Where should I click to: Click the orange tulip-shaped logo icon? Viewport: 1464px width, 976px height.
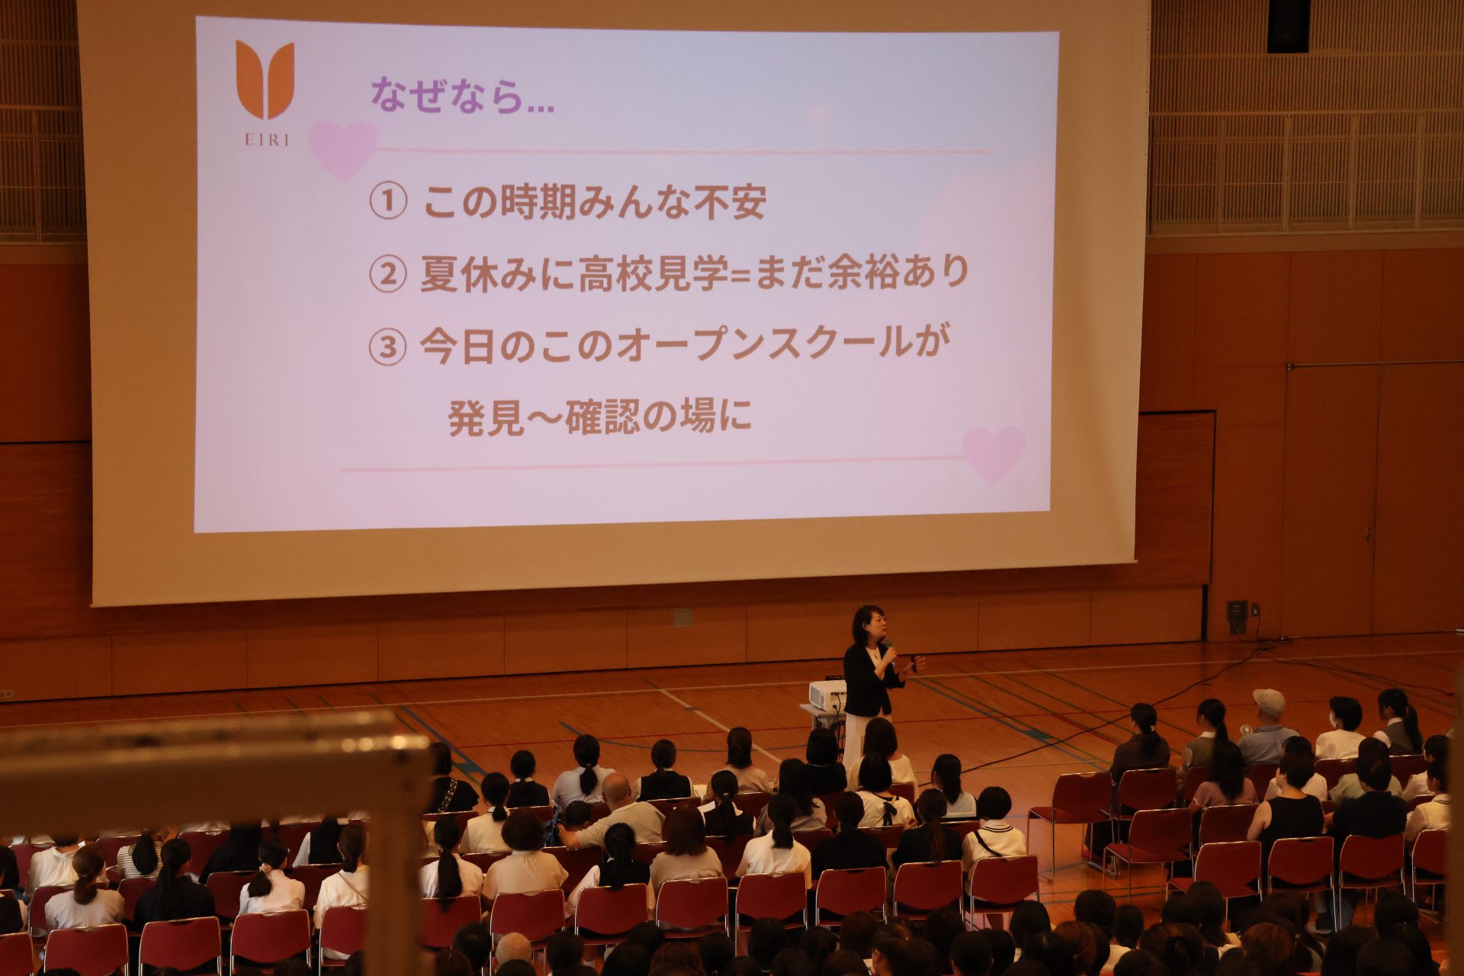[265, 79]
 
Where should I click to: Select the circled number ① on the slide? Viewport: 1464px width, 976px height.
[387, 203]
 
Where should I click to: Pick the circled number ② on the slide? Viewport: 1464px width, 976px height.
[387, 275]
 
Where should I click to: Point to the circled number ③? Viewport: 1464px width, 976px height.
[387, 348]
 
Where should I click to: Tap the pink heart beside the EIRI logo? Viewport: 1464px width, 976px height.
[342, 149]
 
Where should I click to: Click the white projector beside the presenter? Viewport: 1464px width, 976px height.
[827, 695]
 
